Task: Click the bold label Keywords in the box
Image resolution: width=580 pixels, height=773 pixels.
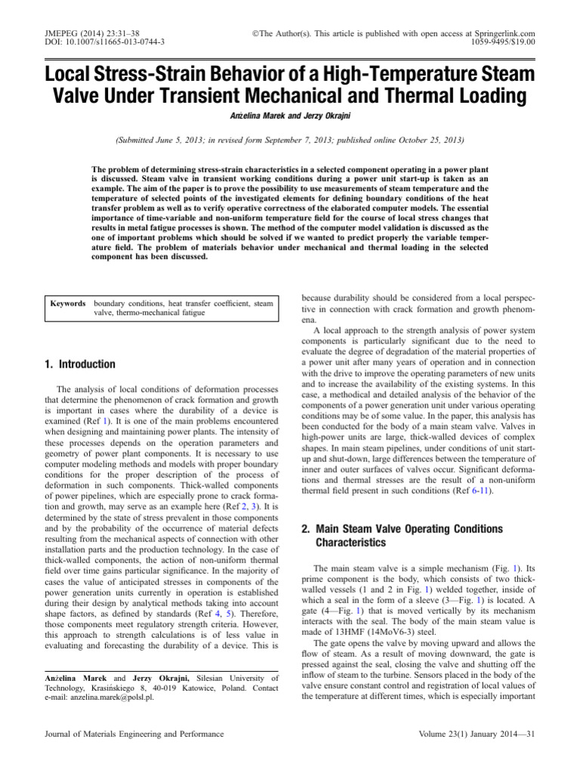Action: click(x=68, y=303)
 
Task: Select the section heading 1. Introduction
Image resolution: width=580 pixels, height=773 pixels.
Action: click(x=81, y=365)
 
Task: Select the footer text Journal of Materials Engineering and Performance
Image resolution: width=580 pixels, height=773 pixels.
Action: click(x=134, y=734)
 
